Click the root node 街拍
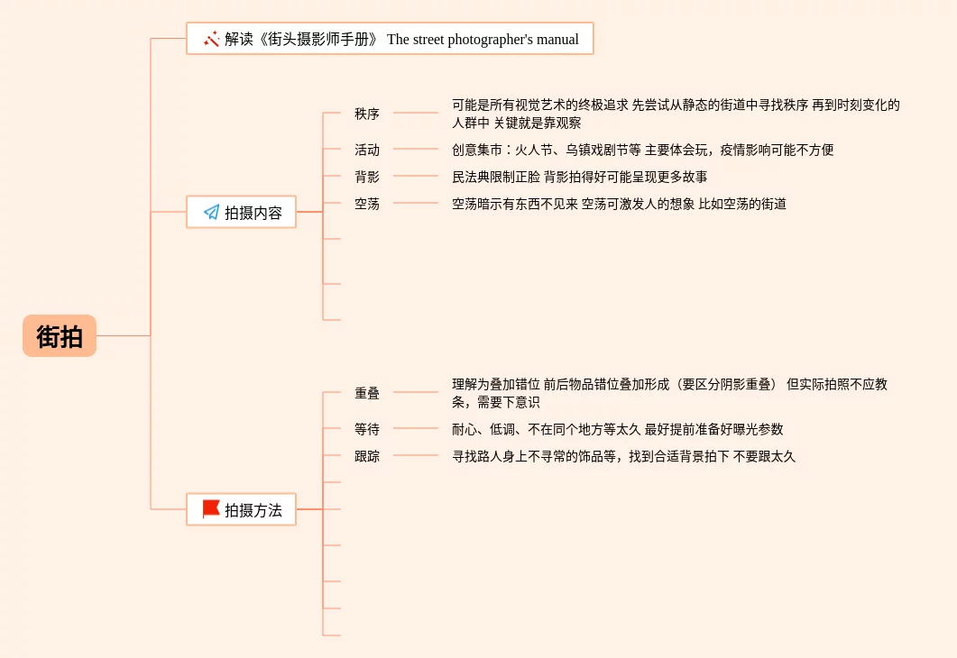[60, 336]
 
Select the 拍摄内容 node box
[241, 213]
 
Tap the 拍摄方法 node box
[241, 510]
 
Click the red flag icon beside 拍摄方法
[211, 509]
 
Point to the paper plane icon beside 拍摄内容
[212, 213]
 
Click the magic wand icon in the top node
[212, 39]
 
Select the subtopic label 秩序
[367, 114]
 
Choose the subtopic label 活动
[367, 150]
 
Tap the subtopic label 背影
[367, 177]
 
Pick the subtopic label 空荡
[367, 204]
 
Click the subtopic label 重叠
[367, 393]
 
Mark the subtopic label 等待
[367, 429]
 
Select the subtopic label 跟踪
[367, 456]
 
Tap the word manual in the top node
[558, 40]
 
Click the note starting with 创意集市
[642, 150]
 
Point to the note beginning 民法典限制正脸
[579, 177]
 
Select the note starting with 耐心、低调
[617, 429]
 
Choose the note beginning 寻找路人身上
[623, 456]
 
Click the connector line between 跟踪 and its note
[416, 456]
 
